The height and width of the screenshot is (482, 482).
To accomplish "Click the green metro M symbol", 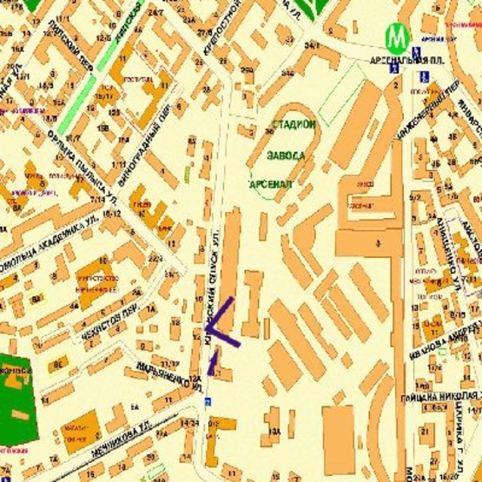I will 398,37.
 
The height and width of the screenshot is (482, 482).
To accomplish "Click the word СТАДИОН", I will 294,127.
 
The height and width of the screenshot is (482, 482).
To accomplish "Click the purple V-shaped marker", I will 223,324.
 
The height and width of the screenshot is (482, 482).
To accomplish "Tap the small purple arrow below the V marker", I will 211,363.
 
